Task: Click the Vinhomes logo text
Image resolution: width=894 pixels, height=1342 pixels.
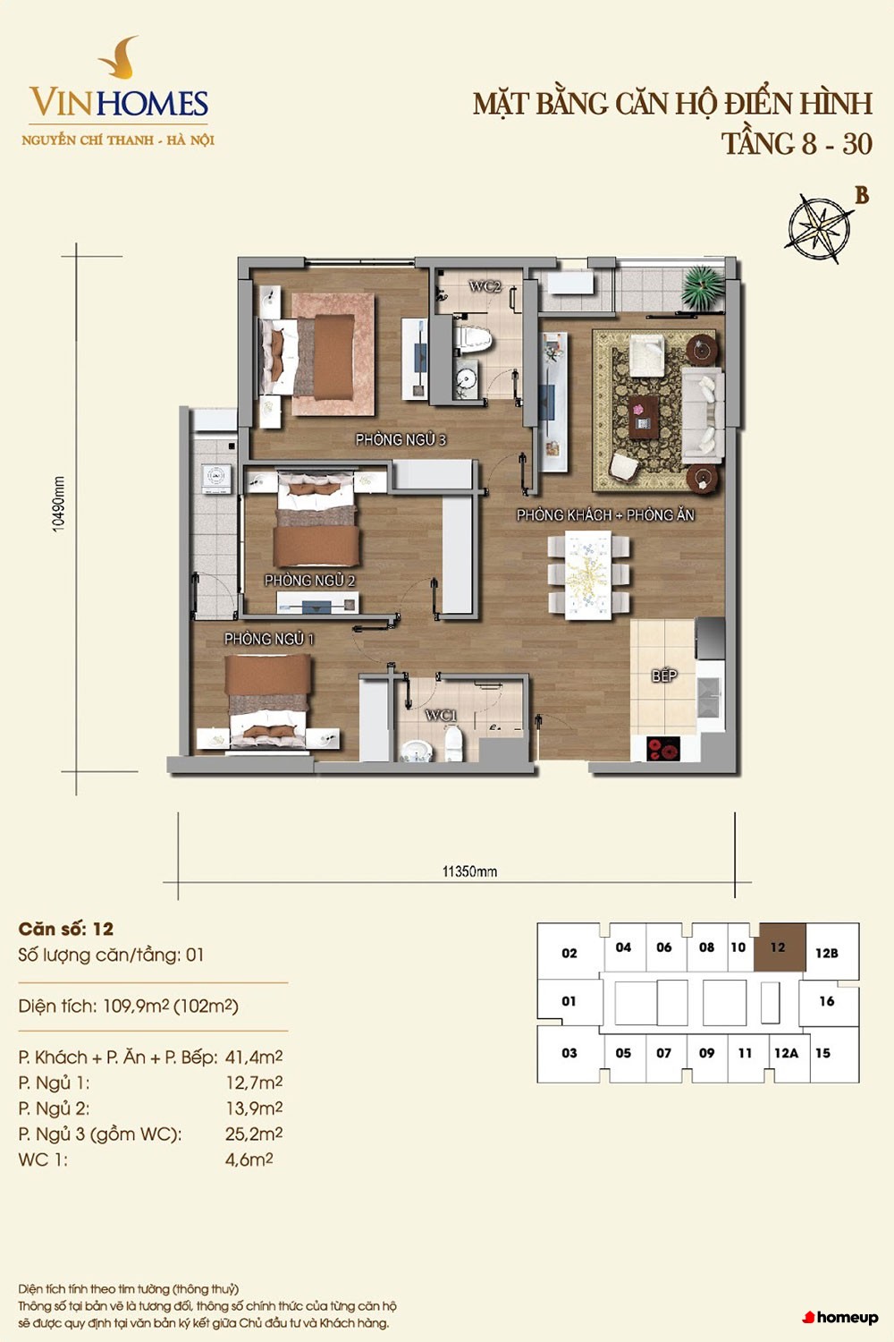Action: (x=119, y=103)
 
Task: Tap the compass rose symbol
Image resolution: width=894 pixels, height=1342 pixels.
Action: (x=819, y=227)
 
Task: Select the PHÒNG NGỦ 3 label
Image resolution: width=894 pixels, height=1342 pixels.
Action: (x=401, y=440)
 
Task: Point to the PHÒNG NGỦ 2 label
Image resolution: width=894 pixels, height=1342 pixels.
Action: (x=309, y=581)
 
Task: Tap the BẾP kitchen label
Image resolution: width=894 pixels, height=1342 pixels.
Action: (x=664, y=675)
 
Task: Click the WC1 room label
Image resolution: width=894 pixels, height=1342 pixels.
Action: (x=441, y=716)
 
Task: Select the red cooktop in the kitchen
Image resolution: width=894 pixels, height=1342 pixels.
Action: (x=663, y=749)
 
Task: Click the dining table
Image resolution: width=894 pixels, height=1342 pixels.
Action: (x=588, y=575)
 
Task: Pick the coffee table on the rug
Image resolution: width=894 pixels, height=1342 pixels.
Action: (x=643, y=417)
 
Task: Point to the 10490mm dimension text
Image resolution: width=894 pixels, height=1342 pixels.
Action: (x=58, y=505)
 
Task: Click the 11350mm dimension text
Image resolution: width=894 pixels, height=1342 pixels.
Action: (x=469, y=871)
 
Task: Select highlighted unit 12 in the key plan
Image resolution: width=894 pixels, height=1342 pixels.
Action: (x=779, y=947)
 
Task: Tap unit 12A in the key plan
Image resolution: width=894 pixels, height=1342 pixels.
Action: (x=786, y=1053)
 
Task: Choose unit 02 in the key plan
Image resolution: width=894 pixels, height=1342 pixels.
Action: (x=569, y=953)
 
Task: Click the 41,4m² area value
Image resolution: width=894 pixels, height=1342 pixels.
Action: (x=254, y=1057)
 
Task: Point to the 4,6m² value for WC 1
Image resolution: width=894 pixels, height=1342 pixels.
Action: (x=249, y=1159)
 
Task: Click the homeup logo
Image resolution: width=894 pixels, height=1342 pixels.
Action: (x=840, y=1318)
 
